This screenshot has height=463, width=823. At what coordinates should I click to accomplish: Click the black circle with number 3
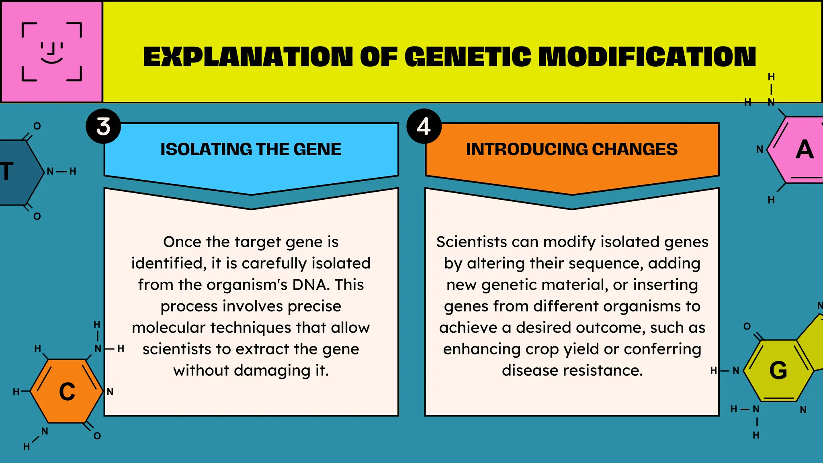point(103,126)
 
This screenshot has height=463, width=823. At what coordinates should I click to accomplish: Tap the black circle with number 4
point(424,126)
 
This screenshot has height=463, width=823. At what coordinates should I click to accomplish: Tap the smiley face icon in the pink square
point(52,52)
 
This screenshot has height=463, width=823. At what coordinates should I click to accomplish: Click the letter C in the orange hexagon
point(67,391)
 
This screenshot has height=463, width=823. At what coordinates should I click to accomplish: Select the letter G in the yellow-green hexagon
point(778,370)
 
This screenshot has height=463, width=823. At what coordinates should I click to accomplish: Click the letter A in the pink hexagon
point(805,150)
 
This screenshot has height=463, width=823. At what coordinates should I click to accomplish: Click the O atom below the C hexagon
point(97,436)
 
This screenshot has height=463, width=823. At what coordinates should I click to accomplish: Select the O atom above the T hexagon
point(37,126)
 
